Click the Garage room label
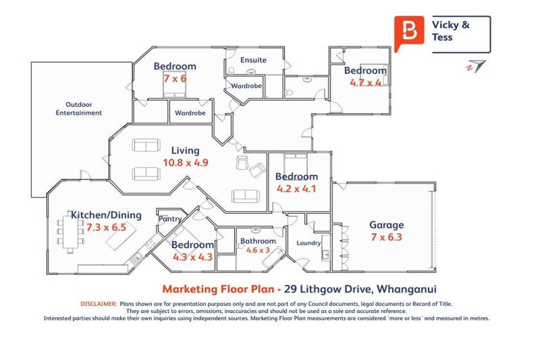(x=387, y=225)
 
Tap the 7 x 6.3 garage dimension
(x=387, y=237)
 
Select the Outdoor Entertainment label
(x=79, y=108)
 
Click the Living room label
(x=186, y=150)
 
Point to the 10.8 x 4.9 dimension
(x=186, y=162)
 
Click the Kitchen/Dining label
(x=106, y=215)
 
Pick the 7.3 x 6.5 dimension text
(x=107, y=228)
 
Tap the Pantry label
(x=170, y=219)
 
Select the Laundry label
(x=309, y=243)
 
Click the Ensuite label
(x=253, y=60)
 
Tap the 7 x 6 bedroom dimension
(x=175, y=78)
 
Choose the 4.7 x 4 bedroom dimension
(x=366, y=82)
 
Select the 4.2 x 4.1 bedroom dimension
(x=297, y=188)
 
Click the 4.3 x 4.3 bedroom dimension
(x=193, y=257)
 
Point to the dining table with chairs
(x=69, y=234)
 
